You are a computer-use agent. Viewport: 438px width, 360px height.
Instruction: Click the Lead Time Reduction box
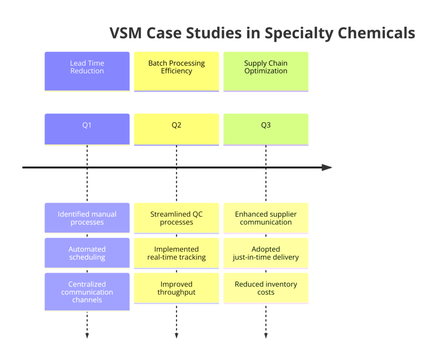87,71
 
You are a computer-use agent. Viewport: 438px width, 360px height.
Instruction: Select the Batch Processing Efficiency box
177,71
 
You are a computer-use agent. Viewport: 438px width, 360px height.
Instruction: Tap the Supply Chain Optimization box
266,71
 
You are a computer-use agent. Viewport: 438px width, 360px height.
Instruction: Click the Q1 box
87,129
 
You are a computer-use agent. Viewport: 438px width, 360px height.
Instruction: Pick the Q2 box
177,129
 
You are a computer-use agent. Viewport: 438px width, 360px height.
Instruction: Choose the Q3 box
266,129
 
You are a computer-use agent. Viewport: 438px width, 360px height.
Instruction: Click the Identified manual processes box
87,218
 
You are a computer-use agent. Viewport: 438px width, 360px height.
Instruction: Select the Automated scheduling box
87,253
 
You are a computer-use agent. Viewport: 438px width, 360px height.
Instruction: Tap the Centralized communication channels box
87,292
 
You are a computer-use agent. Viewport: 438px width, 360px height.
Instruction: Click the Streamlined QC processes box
177,218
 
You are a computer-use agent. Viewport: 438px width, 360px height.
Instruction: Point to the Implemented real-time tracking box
177,253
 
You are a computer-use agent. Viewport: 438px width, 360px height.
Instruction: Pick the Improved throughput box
177,288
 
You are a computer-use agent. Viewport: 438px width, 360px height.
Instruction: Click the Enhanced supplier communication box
266,218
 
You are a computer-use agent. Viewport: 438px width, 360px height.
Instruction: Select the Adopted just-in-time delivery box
266,253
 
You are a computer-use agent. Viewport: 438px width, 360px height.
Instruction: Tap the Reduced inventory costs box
266,288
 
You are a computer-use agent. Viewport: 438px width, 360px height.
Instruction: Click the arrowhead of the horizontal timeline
327,168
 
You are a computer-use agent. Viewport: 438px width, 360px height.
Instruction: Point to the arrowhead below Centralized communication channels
87,336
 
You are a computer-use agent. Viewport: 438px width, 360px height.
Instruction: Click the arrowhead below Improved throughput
177,336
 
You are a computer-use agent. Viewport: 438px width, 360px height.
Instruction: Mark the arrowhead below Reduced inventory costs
266,336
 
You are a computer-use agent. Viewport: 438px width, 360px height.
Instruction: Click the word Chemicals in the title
376,33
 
